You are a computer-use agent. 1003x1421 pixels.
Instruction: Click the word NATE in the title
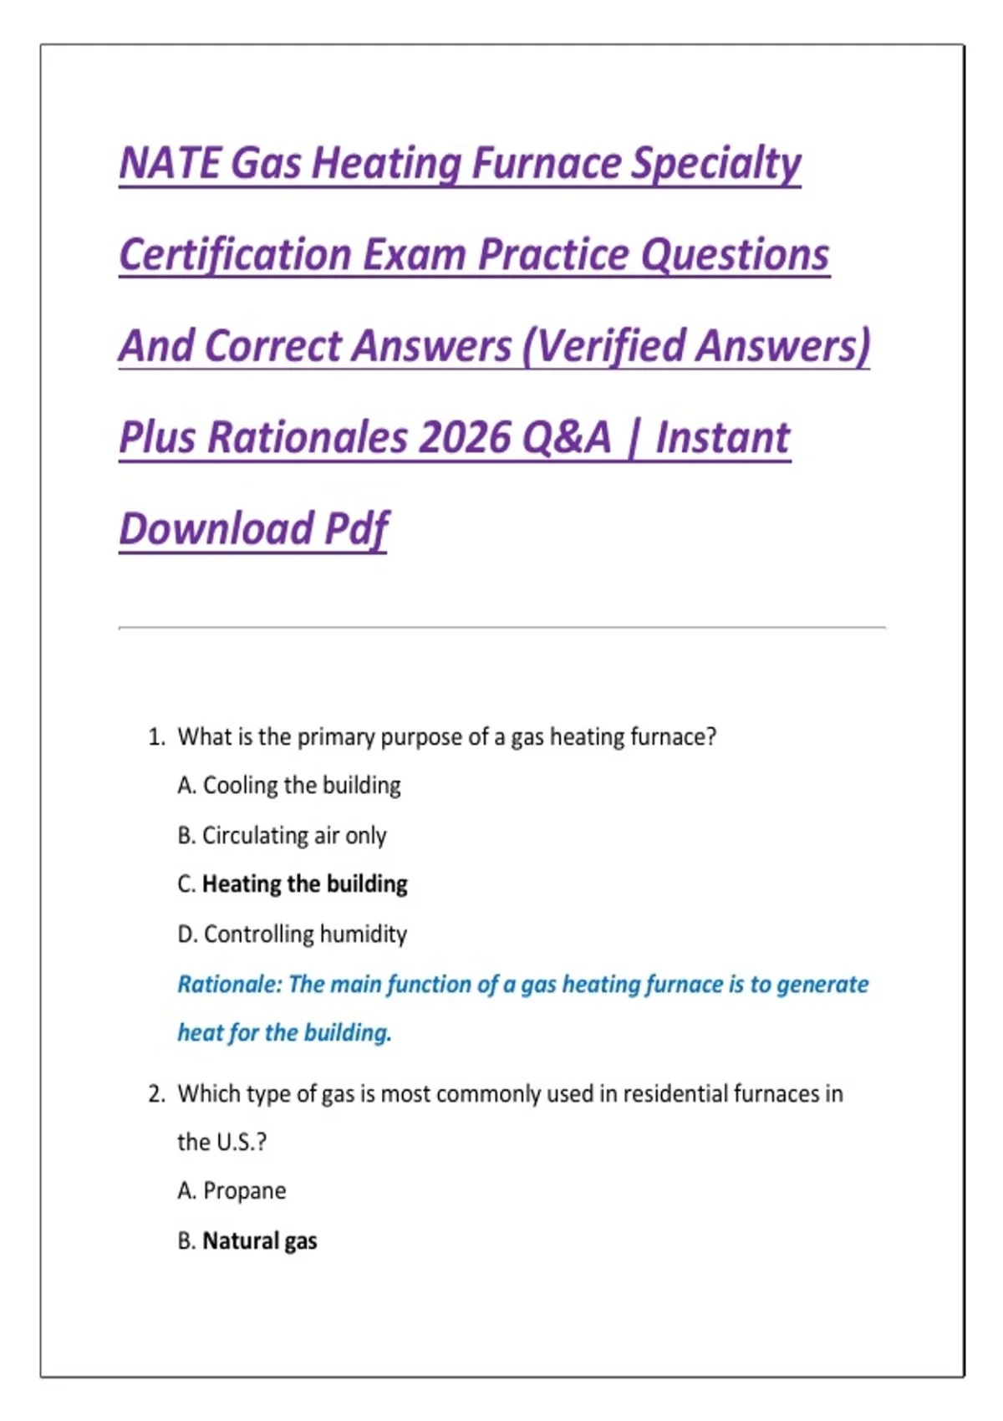click(170, 164)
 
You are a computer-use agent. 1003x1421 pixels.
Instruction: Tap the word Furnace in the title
click(546, 164)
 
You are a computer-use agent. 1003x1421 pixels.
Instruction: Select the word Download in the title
click(216, 529)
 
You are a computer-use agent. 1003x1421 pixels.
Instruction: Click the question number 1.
click(156, 737)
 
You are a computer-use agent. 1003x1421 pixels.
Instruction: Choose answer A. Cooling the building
click(289, 786)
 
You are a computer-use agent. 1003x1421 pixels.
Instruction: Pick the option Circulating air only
click(294, 836)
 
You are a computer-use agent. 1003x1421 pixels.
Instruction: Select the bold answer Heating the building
click(304, 884)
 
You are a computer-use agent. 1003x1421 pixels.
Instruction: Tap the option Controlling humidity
click(305, 934)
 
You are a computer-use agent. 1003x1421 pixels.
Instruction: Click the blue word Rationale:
click(230, 984)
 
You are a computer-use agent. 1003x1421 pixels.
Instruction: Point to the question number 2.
click(156, 1093)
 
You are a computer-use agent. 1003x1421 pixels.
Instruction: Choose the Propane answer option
click(244, 1191)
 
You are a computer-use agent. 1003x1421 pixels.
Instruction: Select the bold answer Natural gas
click(259, 1240)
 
